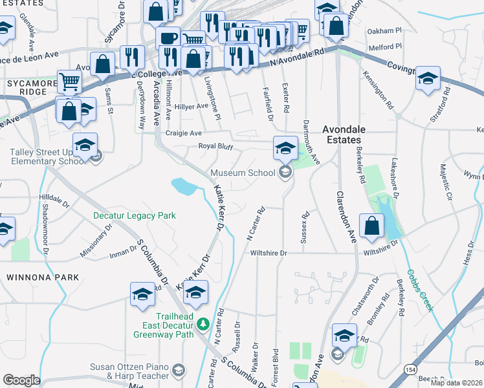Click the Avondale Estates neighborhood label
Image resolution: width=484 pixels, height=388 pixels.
pyautogui.click(x=344, y=135)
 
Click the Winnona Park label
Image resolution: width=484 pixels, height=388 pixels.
pyautogui.click(x=43, y=277)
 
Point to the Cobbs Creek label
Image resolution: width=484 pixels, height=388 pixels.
pyautogui.click(x=421, y=290)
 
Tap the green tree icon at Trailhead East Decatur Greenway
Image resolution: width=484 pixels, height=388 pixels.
pyautogui.click(x=203, y=323)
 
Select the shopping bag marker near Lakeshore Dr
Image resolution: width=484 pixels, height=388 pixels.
pyautogui.click(x=371, y=227)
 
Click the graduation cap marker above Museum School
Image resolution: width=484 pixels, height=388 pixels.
pyautogui.click(x=285, y=148)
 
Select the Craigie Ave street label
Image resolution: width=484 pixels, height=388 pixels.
pyautogui.click(x=184, y=133)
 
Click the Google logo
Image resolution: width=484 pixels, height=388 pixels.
pyautogui.click(x=21, y=380)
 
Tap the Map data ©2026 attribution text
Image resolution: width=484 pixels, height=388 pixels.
pyautogui.click(x=456, y=383)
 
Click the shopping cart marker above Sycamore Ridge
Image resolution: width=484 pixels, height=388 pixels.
pyautogui.click(x=69, y=82)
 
